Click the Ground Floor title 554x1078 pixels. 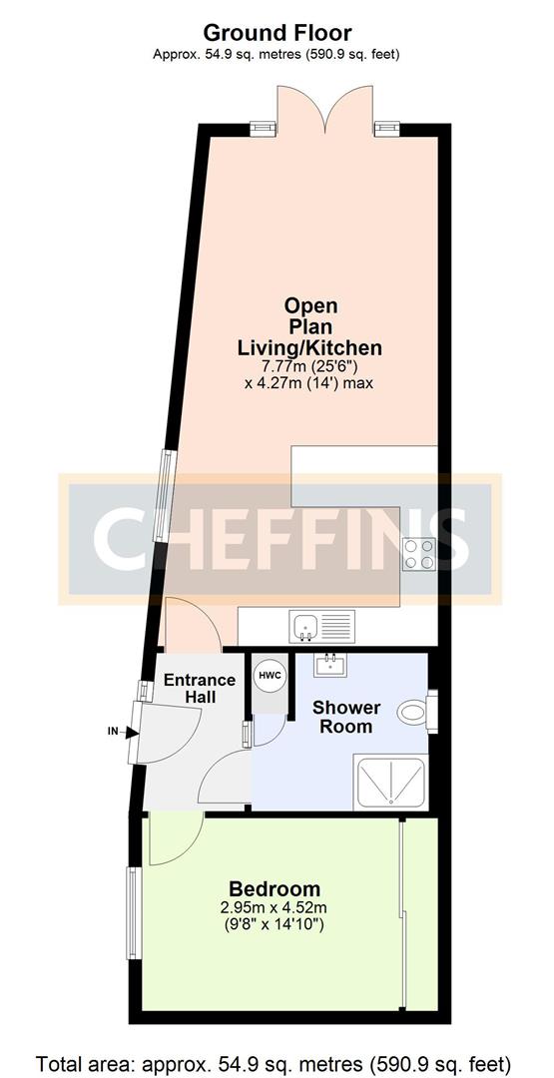pos(277,34)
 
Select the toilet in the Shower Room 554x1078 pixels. pos(416,714)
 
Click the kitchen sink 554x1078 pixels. pos(304,627)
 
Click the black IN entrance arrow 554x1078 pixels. pos(131,732)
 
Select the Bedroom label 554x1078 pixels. pos(275,888)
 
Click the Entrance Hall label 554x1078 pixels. pos(200,689)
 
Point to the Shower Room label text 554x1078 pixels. pos(346,717)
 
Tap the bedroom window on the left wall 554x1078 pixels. pos(132,914)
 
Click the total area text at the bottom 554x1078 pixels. pos(277,1060)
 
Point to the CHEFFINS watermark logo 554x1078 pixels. pos(279,539)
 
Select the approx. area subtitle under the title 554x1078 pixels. pos(277,54)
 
